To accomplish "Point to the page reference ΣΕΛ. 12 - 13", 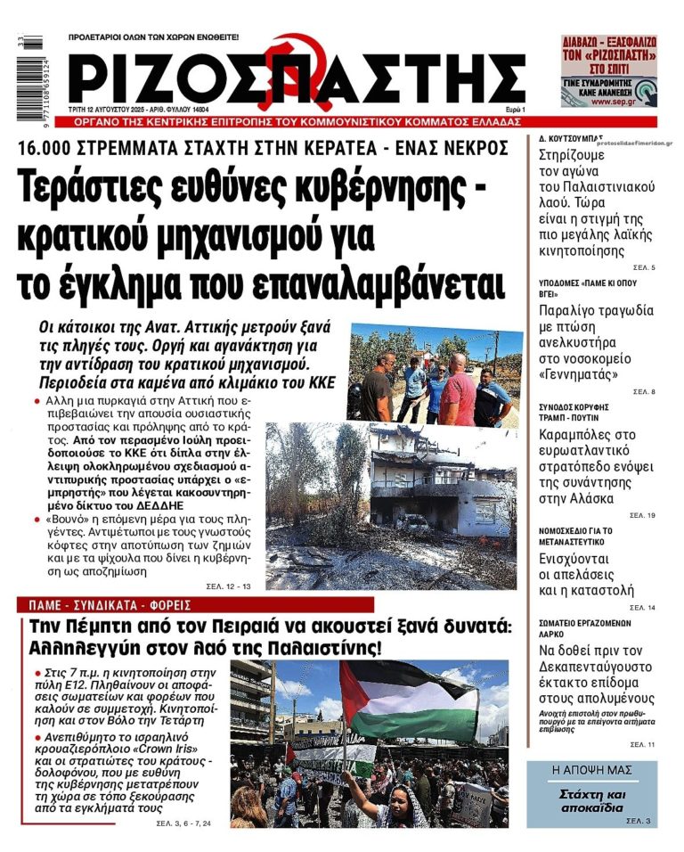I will (231, 586).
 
